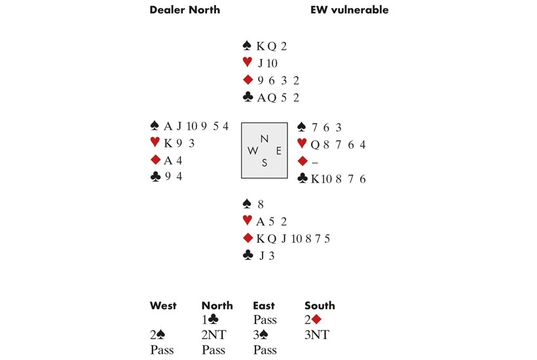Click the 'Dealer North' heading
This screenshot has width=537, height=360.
pos(185,10)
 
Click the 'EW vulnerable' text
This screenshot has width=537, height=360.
pos(349,10)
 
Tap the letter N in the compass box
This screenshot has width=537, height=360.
pos(264,138)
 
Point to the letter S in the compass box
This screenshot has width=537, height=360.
pos(264,163)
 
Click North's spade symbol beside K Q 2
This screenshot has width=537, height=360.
pos(247,46)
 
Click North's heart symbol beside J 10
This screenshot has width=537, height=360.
pos(247,63)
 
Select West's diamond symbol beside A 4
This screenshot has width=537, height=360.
pos(155,160)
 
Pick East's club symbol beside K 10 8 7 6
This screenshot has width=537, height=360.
pos(302,178)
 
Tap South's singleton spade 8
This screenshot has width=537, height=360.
pos(261,204)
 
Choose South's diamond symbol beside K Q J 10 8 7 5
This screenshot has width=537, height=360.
pos(247,238)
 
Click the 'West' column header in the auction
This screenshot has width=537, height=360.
pos(162,305)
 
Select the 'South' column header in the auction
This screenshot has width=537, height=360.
pos(320,305)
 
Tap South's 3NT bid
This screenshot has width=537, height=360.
pos(317,335)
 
